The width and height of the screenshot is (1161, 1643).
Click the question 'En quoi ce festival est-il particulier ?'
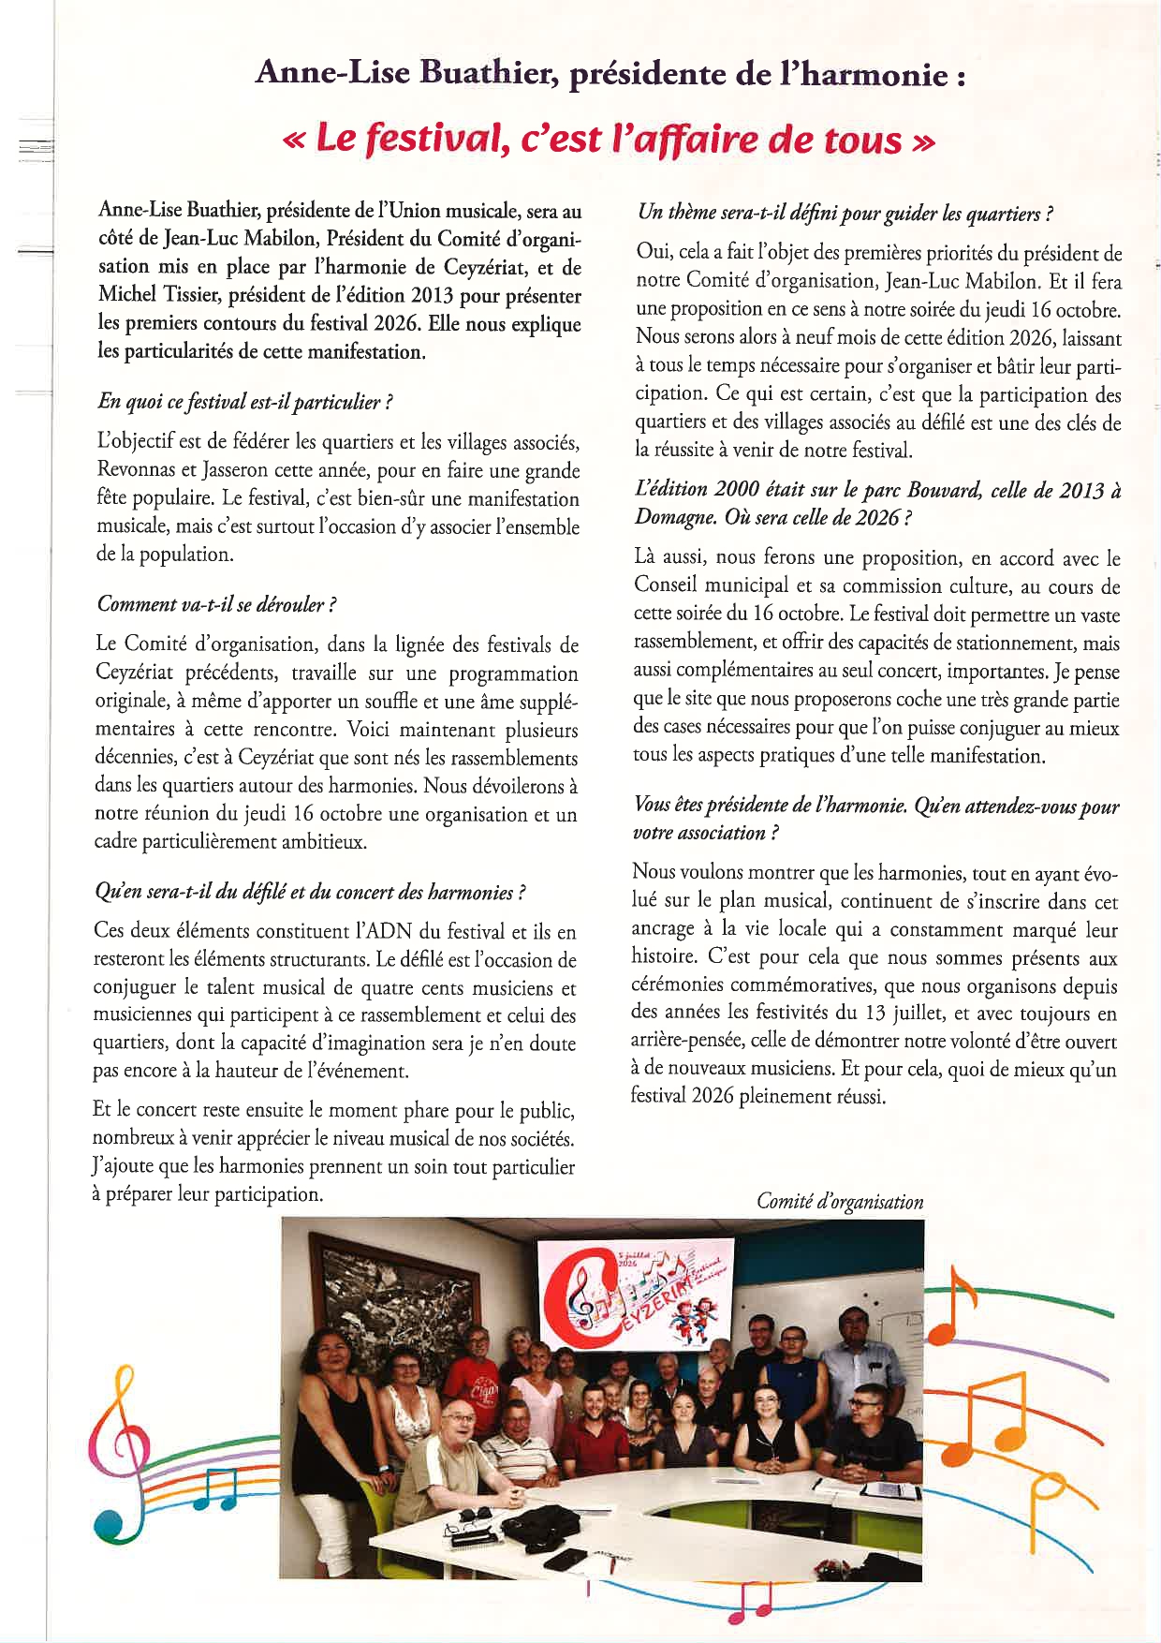pyautogui.click(x=244, y=402)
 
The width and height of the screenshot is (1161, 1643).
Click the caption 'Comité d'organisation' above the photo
pyautogui.click(x=840, y=1202)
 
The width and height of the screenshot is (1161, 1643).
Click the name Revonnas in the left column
pyautogui.click(x=139, y=471)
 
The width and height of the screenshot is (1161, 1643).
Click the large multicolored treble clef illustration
pyautogui.click(x=122, y=1461)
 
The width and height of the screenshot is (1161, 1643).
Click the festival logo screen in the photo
pyautogui.click(x=635, y=1295)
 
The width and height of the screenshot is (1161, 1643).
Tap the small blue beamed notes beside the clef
pyautogui.click(x=215, y=1489)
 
